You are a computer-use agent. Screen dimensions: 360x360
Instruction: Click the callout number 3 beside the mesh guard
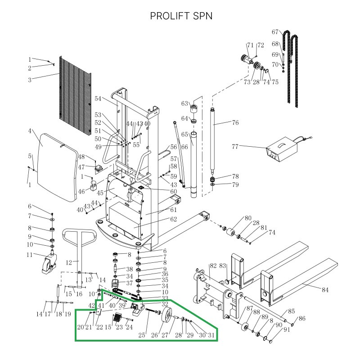(30, 81)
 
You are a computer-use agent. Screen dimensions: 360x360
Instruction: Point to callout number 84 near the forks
(325, 290)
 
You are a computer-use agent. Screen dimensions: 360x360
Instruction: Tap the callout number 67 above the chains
(275, 32)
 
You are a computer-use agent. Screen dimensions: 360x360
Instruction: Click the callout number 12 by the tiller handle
(69, 262)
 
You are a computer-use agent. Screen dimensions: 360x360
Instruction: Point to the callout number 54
(99, 99)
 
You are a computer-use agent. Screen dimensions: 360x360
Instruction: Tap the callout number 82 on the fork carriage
(213, 266)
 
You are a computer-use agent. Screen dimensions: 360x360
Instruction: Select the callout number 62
(173, 220)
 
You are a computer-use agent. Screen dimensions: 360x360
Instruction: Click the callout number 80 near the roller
(248, 219)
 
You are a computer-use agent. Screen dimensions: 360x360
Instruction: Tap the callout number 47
(81, 167)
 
